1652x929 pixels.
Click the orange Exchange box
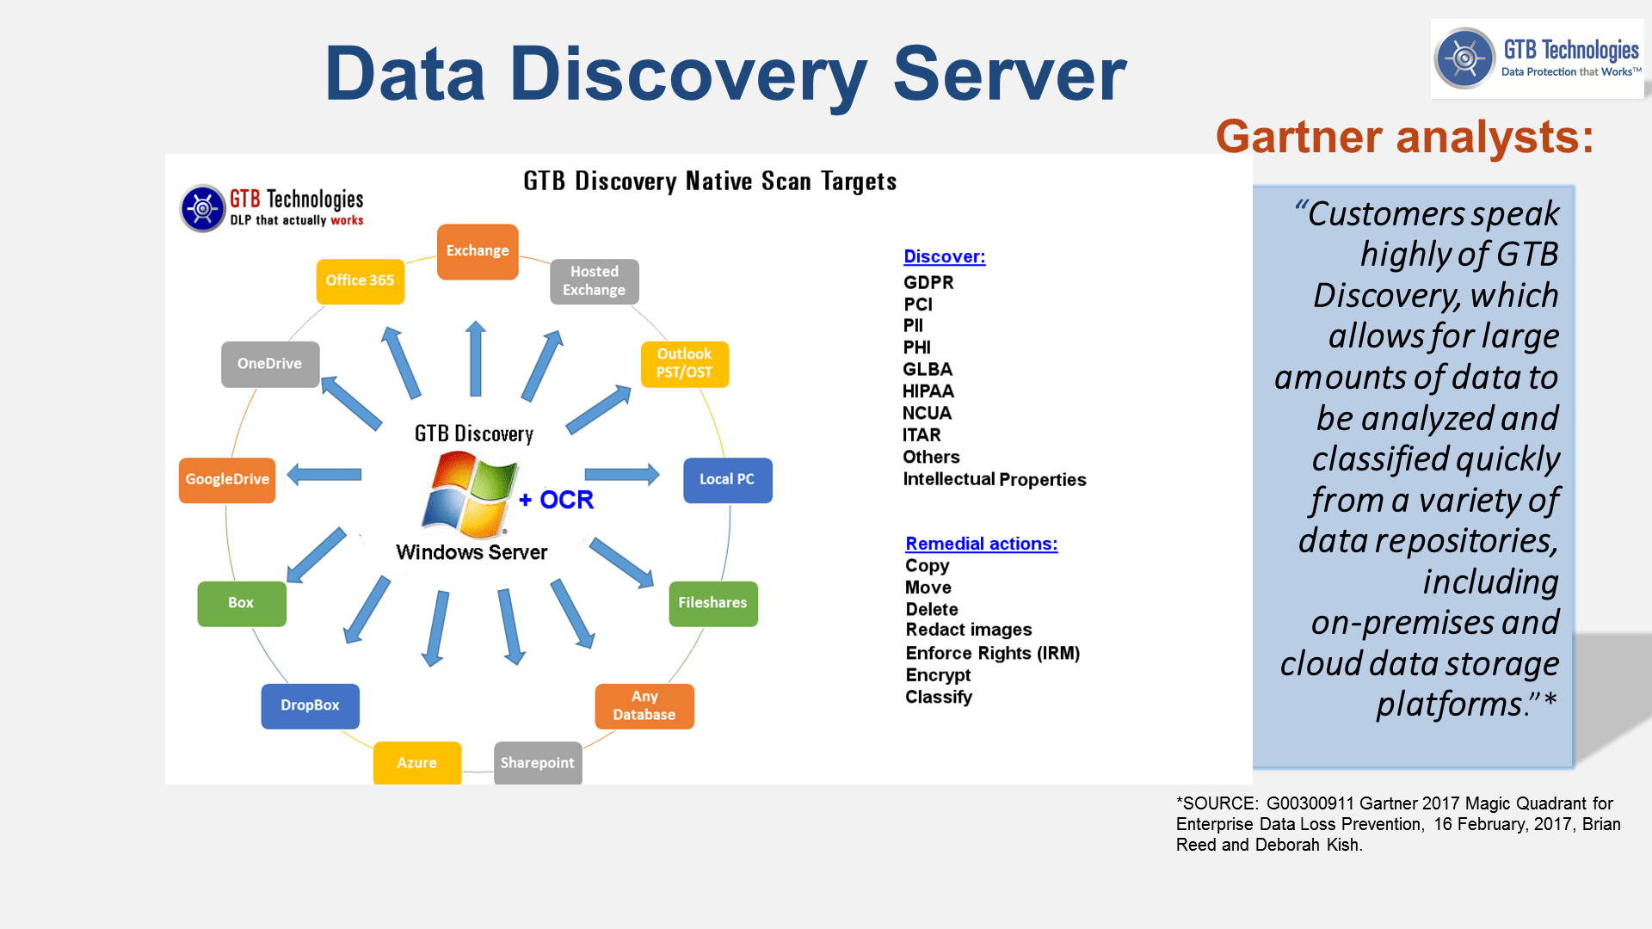click(x=478, y=251)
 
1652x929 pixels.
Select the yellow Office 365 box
click(x=360, y=281)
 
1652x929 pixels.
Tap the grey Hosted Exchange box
click(x=594, y=281)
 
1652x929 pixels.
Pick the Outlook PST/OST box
click(x=684, y=364)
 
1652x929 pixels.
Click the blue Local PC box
click(x=727, y=480)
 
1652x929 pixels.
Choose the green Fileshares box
click(x=712, y=603)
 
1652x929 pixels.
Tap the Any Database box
click(x=644, y=706)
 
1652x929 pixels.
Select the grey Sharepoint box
click(x=538, y=763)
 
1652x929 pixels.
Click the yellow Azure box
click(x=417, y=763)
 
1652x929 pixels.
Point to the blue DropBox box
click(x=310, y=705)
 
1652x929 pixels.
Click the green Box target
click(x=241, y=603)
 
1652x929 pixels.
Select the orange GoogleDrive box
click(x=227, y=480)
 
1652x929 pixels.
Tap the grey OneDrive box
click(x=269, y=364)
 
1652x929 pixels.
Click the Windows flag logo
click(x=469, y=495)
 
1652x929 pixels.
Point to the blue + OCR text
click(x=557, y=500)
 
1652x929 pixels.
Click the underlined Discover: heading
click(x=944, y=256)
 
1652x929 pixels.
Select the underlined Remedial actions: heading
click(x=981, y=544)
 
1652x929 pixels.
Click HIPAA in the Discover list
click(x=928, y=391)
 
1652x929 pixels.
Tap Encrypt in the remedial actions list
click(x=937, y=675)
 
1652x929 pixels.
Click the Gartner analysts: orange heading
click(x=1404, y=138)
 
